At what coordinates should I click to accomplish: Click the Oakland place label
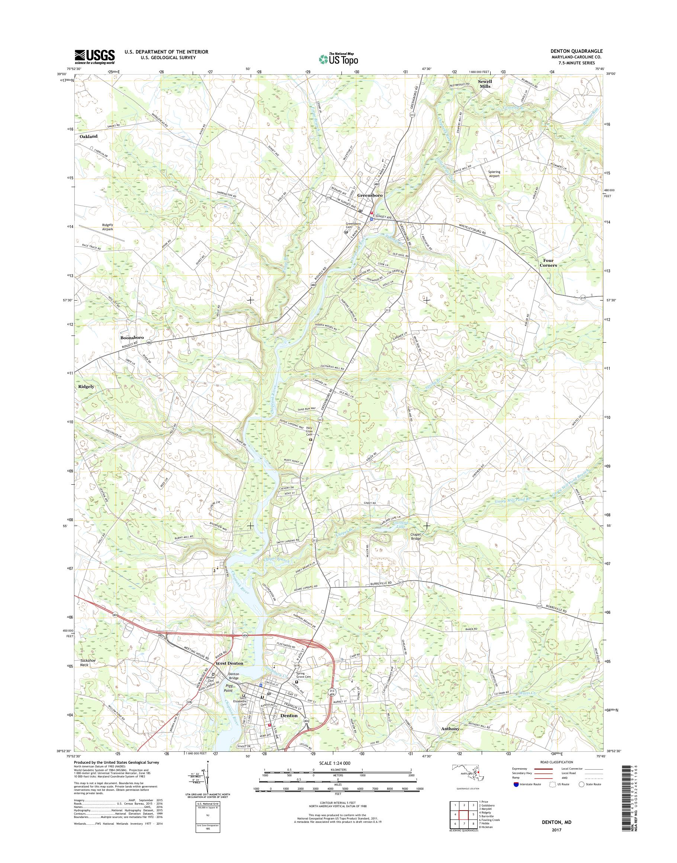[88, 136]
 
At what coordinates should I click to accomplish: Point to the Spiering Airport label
[494, 174]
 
